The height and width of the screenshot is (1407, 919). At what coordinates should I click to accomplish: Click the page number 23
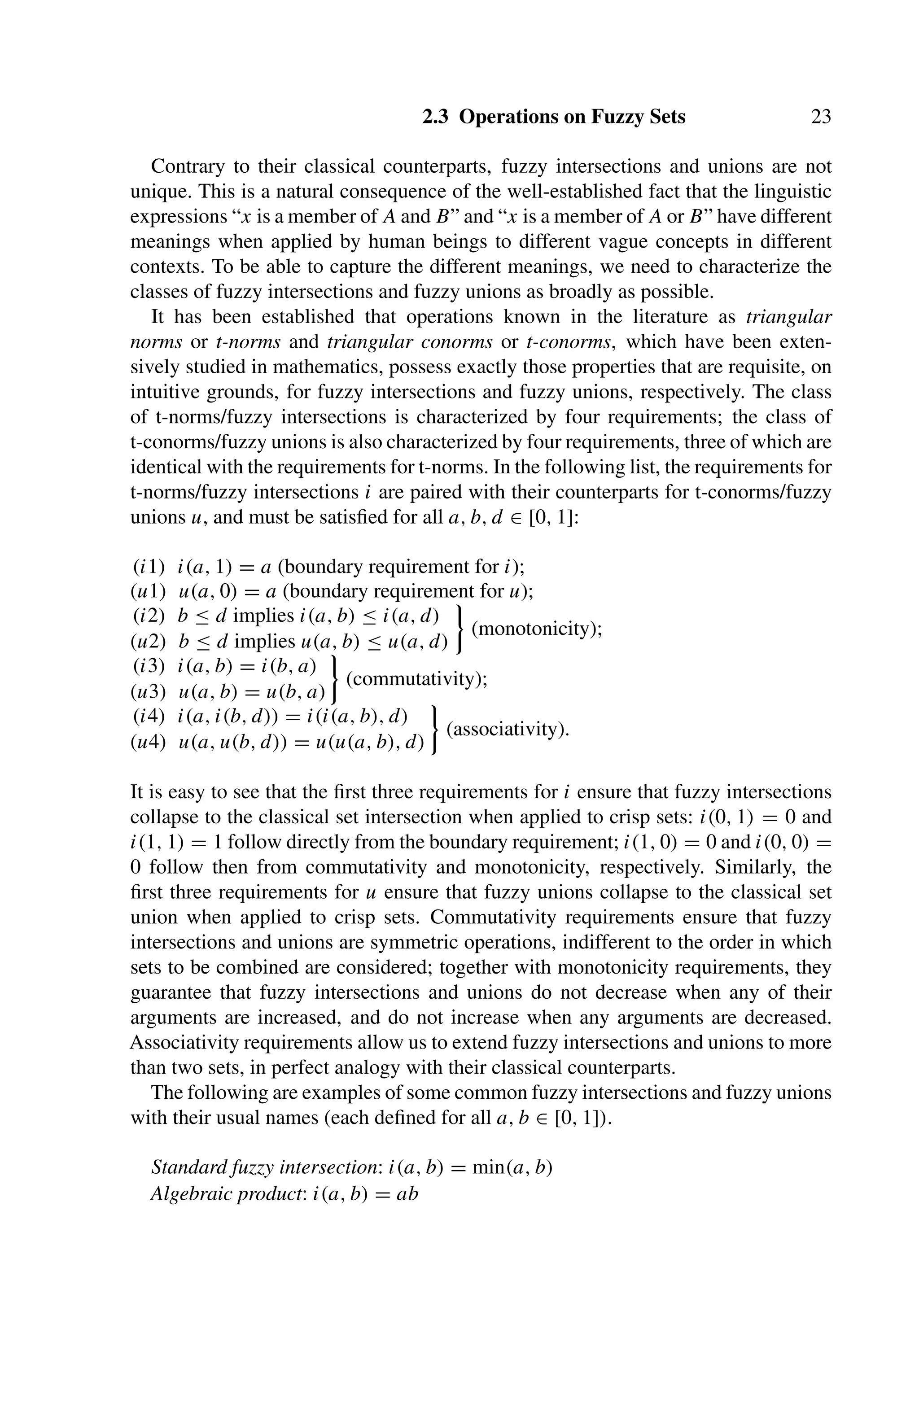820,117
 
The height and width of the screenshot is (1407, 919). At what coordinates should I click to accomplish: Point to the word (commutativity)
417,679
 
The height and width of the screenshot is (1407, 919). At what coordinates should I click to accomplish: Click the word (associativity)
508,729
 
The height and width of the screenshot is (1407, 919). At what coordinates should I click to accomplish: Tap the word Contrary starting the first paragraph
188,167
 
